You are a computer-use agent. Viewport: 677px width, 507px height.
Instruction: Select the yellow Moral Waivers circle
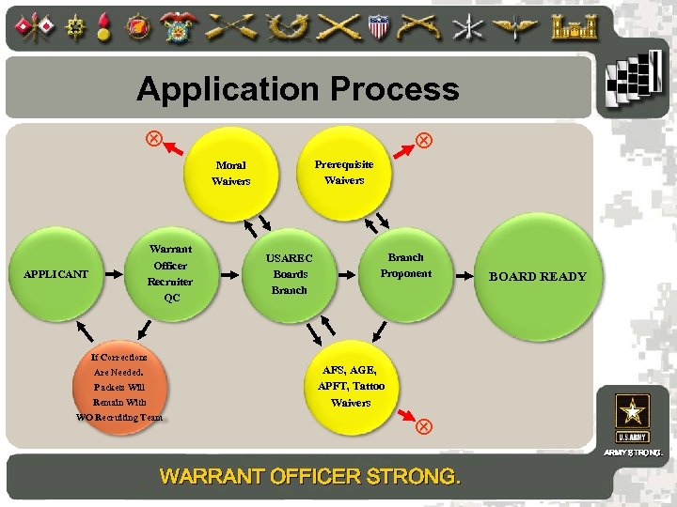point(230,173)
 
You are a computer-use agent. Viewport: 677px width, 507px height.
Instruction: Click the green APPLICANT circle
point(55,274)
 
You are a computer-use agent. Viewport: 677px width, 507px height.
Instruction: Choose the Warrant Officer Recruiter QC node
point(170,273)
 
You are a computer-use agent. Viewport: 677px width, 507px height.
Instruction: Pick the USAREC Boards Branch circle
point(290,273)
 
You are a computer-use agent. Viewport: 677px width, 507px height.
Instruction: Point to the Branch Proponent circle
point(405,266)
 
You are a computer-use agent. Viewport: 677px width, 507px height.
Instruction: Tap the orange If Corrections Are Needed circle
point(120,386)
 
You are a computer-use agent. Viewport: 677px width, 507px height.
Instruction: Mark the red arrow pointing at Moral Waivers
point(177,146)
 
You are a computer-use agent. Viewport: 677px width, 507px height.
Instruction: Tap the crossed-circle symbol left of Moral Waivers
point(151,138)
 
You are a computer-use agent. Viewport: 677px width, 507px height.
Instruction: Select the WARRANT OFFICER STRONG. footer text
point(310,476)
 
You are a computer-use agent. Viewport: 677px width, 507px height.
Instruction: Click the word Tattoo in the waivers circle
point(368,386)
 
